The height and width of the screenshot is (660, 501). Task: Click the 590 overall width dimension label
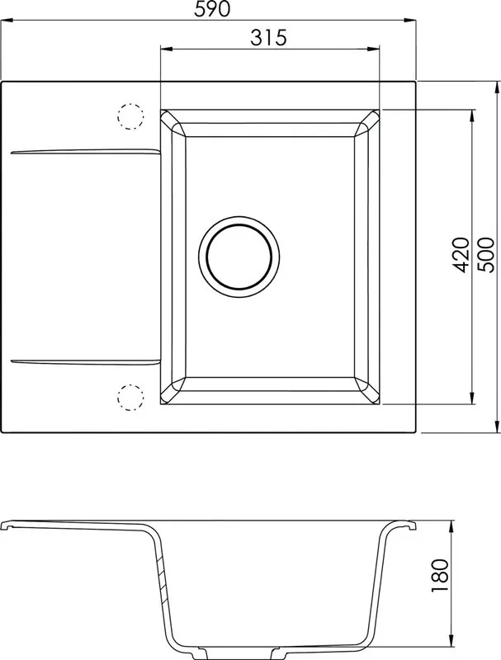pos(212,9)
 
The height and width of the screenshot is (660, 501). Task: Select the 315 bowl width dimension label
pos(268,37)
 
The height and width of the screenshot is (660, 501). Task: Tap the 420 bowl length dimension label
pos(461,255)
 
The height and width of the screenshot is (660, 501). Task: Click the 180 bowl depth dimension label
pos(440,575)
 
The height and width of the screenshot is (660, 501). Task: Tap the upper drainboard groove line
pos(85,151)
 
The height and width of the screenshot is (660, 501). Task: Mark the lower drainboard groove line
pos(85,361)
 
